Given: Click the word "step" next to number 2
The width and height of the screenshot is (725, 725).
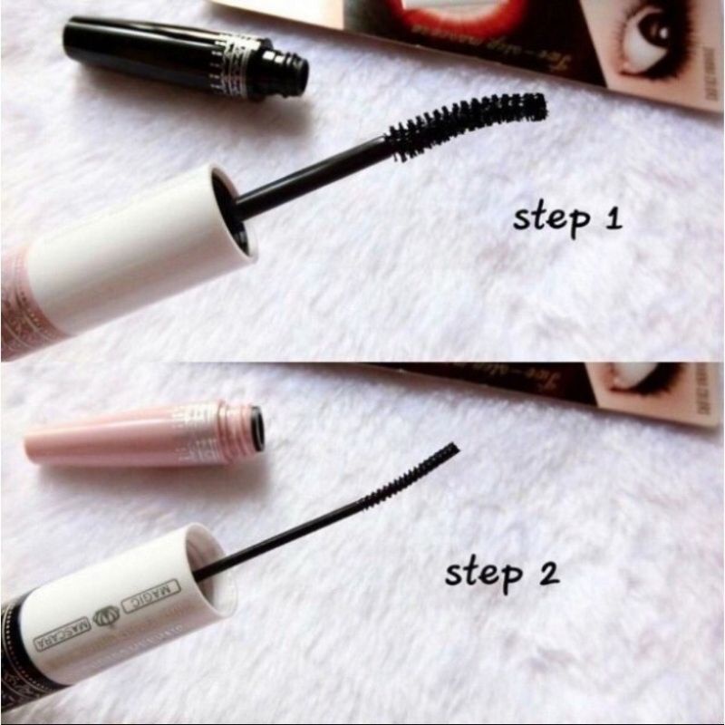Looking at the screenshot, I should tap(482, 574).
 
